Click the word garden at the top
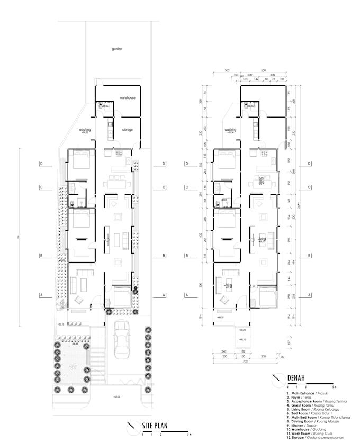click(117, 49)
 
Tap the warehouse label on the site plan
click(127, 98)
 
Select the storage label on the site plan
click(127, 129)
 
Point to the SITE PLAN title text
click(154, 426)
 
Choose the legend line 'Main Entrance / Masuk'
click(307, 394)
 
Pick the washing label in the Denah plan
click(230, 130)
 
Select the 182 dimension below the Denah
click(242, 351)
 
